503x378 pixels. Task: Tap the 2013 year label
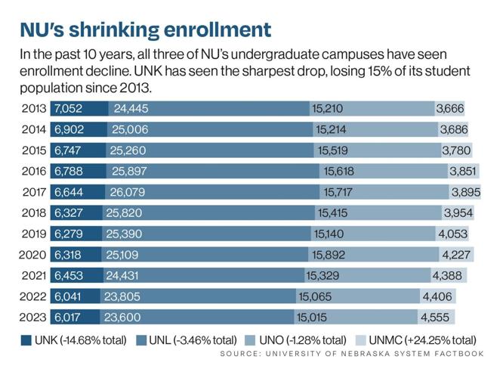[35, 109]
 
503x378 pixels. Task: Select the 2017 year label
[35, 192]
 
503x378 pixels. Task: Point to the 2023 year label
[35, 317]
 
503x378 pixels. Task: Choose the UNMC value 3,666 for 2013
[450, 109]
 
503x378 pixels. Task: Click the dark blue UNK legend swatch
[28, 340]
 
